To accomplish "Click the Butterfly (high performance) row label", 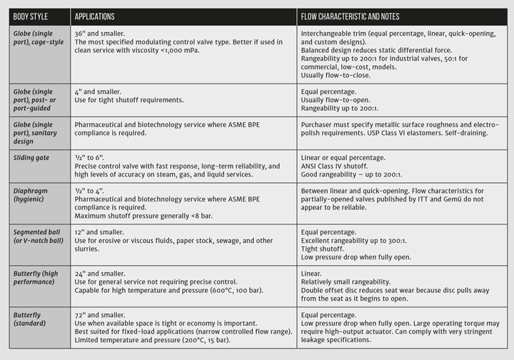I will point(38,277).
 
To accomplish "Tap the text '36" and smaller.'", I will point(99,33).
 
